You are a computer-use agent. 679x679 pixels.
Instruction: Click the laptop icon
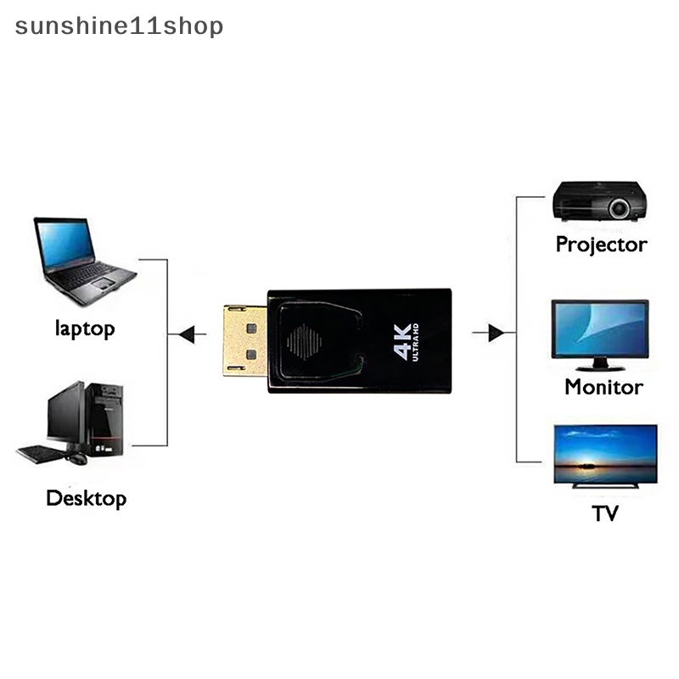click(83, 259)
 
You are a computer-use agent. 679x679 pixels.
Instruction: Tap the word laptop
click(85, 328)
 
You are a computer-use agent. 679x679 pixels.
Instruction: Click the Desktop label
click(86, 497)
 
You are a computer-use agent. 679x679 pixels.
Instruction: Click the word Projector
click(601, 244)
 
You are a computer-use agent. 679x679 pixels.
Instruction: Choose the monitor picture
click(601, 334)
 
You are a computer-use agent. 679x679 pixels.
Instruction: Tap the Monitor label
click(603, 387)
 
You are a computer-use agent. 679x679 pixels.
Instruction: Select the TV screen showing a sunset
click(605, 455)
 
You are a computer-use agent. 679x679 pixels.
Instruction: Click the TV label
click(605, 513)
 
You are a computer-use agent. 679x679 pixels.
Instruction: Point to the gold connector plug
click(244, 340)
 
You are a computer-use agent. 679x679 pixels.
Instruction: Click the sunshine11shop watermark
click(120, 26)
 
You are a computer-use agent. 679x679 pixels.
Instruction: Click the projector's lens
click(620, 205)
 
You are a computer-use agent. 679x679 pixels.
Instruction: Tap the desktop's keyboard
click(41, 453)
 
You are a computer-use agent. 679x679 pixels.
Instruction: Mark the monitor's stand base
click(601, 366)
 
